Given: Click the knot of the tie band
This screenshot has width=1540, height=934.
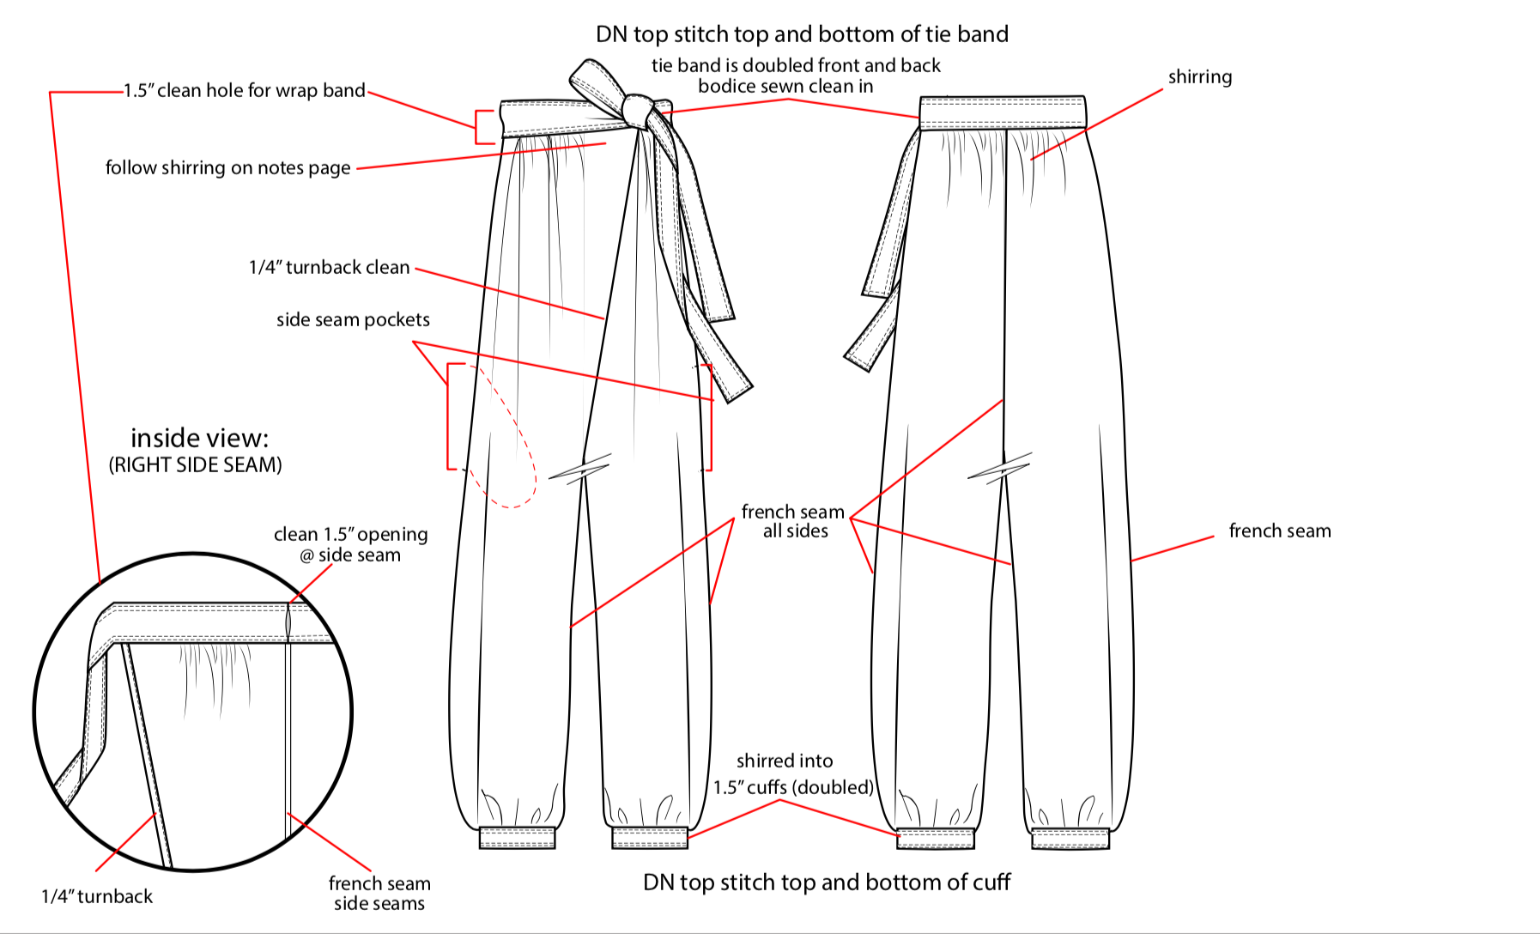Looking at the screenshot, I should pos(637,111).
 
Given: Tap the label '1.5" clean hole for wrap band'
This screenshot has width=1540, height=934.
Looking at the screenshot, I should pos(245,91).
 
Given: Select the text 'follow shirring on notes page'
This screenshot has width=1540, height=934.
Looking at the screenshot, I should pos(228,167).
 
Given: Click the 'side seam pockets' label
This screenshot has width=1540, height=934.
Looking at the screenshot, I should pos(353,320).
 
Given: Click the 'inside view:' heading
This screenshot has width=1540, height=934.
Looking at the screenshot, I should pos(199,439).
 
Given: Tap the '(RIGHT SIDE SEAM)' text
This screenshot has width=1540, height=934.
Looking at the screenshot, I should pos(195,465).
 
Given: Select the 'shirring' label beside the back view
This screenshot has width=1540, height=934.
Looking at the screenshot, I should pos(1199,77).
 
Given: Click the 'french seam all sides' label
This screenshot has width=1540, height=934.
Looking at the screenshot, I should pos(793,521).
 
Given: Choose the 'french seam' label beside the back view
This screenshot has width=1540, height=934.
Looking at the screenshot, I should pos(1279,531).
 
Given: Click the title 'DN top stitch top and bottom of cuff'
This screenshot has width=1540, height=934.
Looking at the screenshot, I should pos(827,882).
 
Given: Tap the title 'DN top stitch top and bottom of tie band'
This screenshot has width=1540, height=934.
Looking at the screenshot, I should pos(802,34).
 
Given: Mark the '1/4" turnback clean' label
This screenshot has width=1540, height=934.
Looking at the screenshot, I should pos(329,268).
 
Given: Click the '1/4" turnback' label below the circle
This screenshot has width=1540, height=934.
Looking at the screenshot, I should pos(97,897).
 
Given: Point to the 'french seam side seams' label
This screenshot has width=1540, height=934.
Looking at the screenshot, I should pos(379,894).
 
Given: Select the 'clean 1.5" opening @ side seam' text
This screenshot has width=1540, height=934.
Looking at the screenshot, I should pos(350,544).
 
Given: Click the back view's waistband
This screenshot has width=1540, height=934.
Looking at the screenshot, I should pos(1002,112).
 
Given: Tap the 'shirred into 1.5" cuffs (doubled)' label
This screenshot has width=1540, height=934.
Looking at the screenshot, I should pos(792,774).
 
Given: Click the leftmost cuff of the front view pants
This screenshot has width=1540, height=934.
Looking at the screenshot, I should pos(517,838).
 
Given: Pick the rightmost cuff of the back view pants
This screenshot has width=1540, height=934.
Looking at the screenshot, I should pos(1070,839).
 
